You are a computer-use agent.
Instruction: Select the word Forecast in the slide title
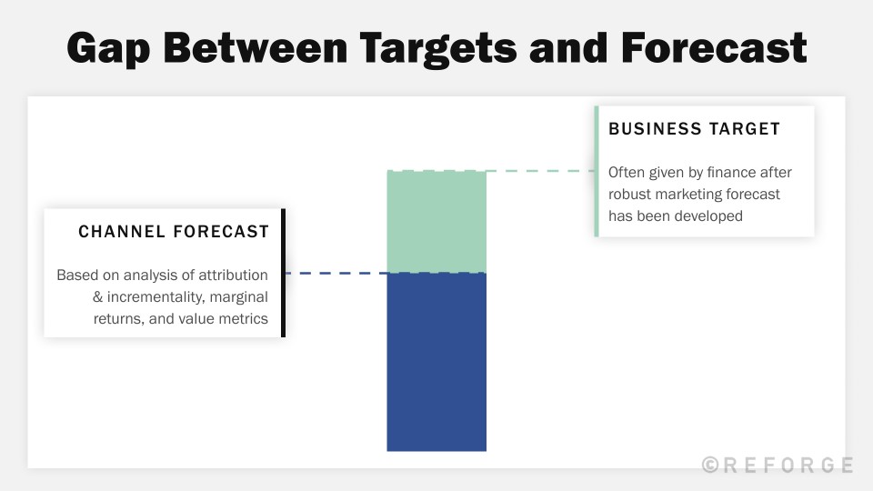(714, 47)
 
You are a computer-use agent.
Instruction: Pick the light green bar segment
(436, 221)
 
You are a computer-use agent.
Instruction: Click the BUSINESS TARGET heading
(694, 129)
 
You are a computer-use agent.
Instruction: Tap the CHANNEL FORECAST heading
(174, 232)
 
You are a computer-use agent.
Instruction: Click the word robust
(631, 194)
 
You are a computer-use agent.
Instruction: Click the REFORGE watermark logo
(778, 466)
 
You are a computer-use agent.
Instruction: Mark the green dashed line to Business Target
(540, 170)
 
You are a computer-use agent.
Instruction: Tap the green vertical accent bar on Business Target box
(597, 171)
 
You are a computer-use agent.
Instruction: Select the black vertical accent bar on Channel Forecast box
(283, 273)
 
